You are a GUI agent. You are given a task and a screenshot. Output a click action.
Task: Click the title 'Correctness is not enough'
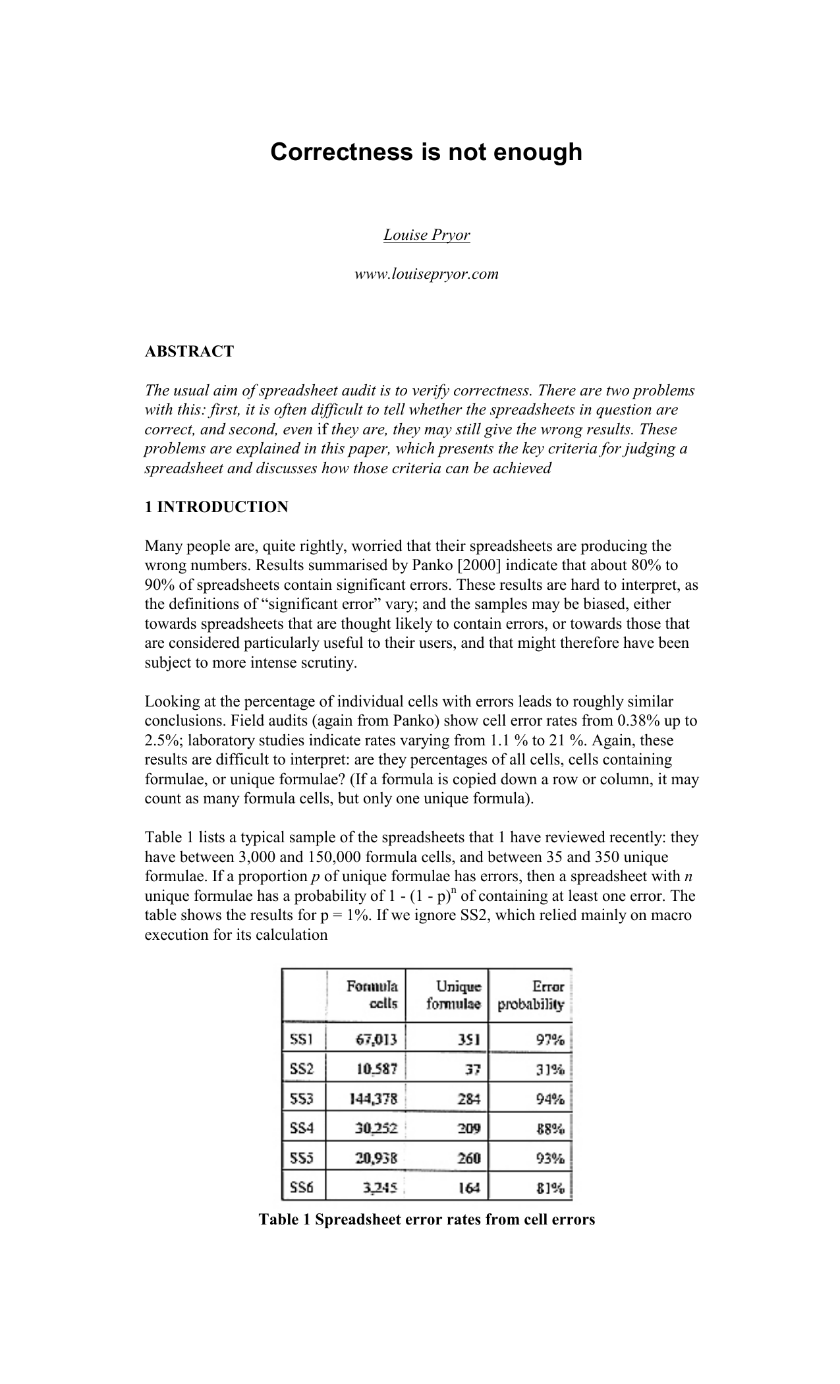426,152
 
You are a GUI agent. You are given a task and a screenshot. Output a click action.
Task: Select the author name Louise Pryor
426,235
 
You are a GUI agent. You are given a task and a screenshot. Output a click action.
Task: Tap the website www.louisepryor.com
426,274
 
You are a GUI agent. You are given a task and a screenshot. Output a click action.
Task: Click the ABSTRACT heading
189,351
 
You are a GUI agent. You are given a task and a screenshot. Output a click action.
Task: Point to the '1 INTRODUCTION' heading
216,507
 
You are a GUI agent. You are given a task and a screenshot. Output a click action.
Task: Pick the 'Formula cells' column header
372,995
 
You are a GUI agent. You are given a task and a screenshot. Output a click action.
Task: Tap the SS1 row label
301,1040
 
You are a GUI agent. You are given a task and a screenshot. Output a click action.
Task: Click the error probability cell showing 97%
549,1040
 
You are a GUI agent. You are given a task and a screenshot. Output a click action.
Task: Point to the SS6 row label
301,1188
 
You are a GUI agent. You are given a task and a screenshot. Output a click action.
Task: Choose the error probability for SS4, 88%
549,1128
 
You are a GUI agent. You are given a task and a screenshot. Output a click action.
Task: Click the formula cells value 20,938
376,1158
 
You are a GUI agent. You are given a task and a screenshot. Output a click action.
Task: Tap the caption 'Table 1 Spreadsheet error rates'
426,1219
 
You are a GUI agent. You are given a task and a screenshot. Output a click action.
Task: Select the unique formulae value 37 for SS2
473,1069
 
